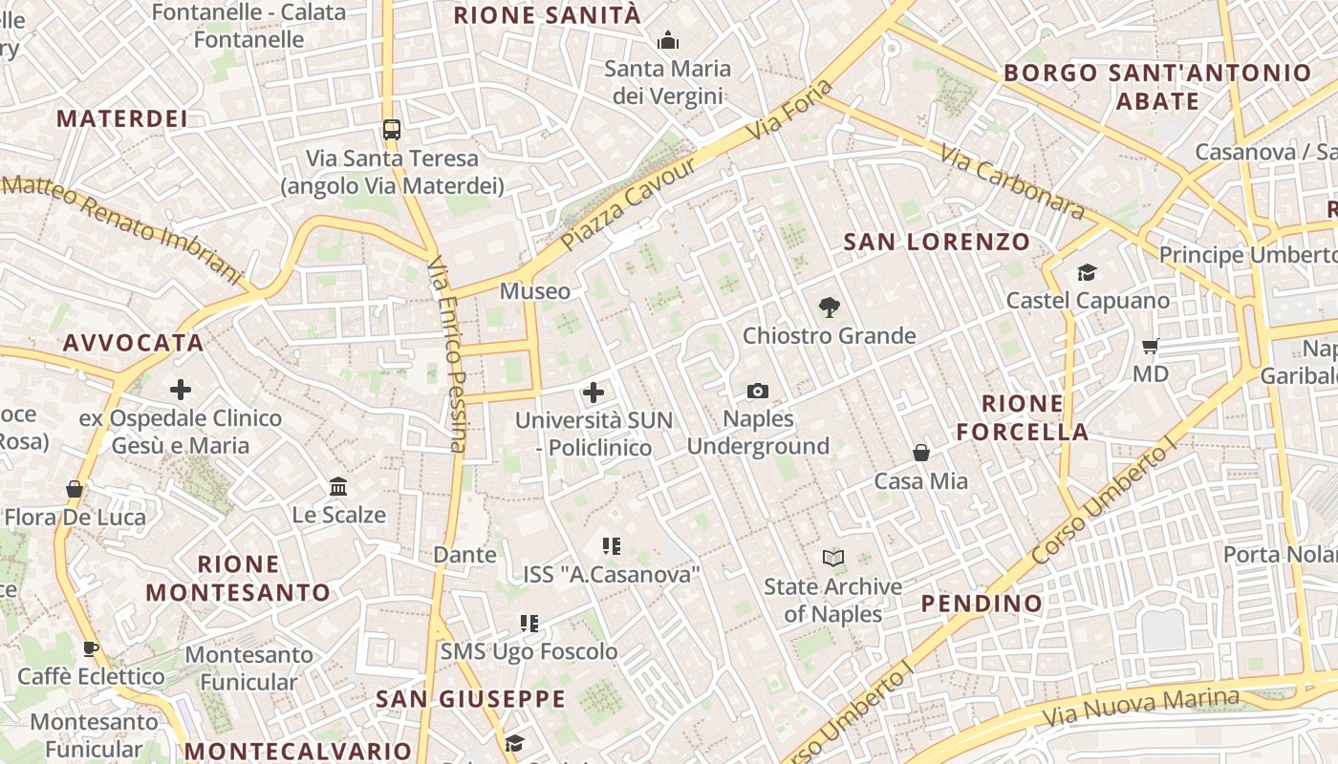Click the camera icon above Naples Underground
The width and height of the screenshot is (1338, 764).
758,391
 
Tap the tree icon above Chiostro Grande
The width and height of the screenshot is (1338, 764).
830,308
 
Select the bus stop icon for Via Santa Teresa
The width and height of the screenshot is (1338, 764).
391,129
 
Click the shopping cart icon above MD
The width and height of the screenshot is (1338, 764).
1151,346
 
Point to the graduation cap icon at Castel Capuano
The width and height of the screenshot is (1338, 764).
1087,273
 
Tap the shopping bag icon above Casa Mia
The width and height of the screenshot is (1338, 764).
921,453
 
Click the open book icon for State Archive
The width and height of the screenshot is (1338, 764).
833,558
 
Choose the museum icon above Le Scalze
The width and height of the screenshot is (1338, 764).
338,487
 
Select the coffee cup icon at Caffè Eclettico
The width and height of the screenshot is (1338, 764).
91,649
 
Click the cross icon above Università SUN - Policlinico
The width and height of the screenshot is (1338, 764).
593,392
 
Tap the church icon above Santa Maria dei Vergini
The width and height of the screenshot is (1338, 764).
667,40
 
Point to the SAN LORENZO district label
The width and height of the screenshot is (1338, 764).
937,242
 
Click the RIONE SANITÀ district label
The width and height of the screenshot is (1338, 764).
547,15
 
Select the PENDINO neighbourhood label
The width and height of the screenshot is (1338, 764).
982,604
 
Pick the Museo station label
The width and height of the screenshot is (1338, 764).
534,291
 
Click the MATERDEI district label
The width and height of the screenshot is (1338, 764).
121,118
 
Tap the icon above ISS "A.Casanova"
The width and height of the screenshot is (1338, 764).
612,546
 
